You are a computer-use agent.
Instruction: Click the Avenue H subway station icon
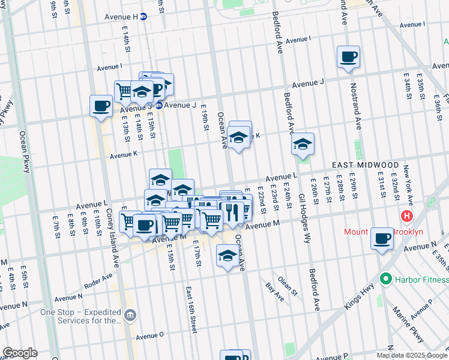point(143,17)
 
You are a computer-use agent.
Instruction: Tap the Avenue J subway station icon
point(159,105)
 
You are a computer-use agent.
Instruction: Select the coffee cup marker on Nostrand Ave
point(348,58)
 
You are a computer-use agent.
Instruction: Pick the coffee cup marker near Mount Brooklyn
point(382,239)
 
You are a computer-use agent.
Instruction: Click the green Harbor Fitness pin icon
point(385,279)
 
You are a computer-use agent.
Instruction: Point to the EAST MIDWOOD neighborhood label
point(366,165)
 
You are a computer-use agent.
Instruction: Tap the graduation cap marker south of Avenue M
point(227,257)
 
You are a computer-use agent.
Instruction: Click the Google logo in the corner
point(20,353)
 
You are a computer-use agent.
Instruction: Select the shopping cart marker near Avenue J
point(124,92)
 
